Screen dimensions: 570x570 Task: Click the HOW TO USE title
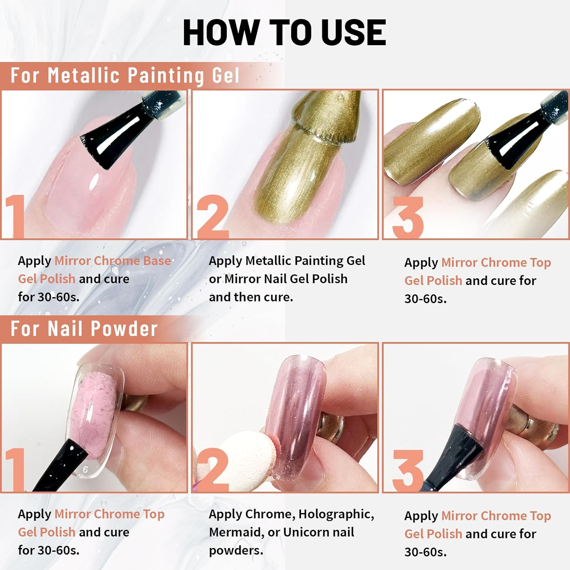[x=284, y=33]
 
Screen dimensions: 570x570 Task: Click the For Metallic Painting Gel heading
[x=125, y=75]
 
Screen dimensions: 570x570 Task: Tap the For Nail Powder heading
[x=84, y=329]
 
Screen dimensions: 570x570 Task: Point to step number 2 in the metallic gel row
[x=212, y=217]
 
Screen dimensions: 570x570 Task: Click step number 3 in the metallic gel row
[x=408, y=217]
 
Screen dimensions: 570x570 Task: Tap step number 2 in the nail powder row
[x=212, y=470]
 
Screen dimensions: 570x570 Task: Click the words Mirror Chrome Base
[x=113, y=261]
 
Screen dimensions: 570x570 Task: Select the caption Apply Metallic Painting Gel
[x=287, y=261]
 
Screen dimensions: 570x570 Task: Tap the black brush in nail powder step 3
[x=456, y=456]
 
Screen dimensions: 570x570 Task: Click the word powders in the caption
[x=236, y=551]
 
